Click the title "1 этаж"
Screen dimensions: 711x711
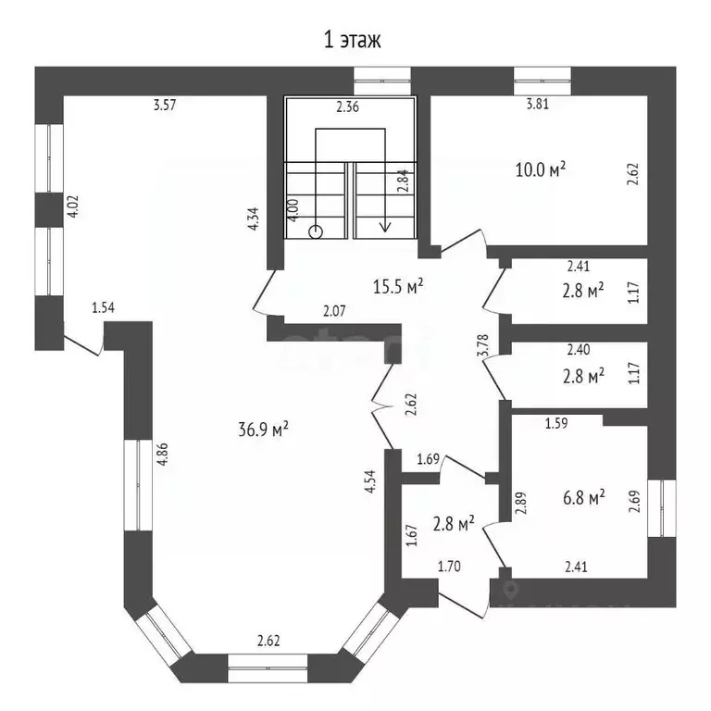351,40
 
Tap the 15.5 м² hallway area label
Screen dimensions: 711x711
397,286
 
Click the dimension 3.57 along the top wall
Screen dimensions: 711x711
165,105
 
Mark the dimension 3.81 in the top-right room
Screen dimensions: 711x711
538,105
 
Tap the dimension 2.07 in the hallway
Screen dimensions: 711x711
334,311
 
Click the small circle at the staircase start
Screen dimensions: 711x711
316,231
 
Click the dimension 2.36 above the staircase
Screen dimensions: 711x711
347,106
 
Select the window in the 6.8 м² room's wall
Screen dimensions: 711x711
663,508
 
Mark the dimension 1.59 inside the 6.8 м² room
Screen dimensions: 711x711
555,424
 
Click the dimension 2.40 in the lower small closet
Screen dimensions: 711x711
578,351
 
